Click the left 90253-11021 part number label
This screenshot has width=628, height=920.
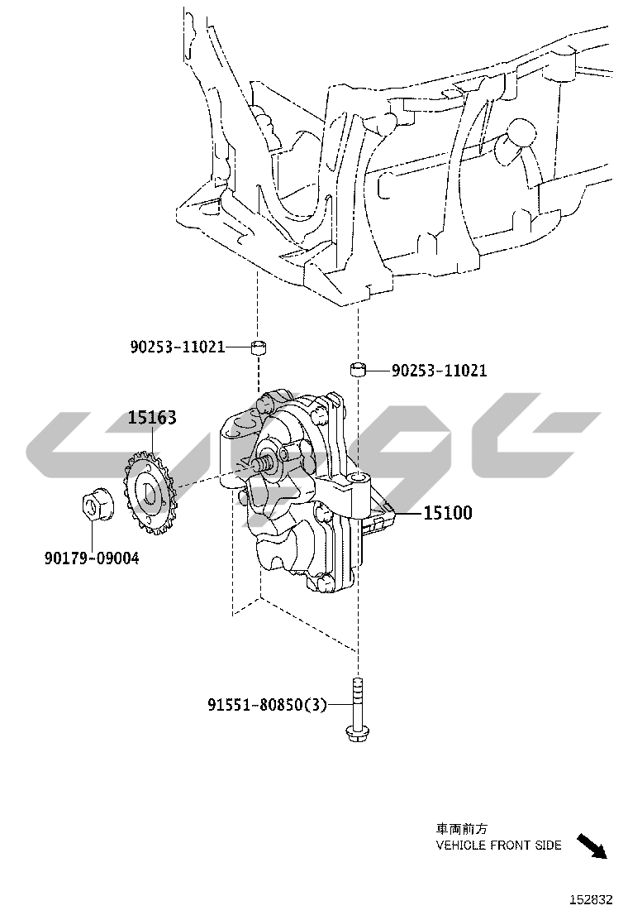[178, 347]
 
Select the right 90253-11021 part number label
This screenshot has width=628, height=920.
[439, 370]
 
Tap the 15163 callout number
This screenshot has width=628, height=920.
[152, 418]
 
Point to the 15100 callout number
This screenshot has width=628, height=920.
[448, 513]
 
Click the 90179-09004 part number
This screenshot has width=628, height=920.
[92, 558]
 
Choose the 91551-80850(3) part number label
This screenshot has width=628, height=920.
[267, 704]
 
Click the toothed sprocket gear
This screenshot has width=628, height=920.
[150, 491]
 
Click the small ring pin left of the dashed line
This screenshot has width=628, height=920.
[259, 347]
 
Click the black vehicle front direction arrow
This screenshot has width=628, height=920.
[592, 846]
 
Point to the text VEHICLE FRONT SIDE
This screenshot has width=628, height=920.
[498, 845]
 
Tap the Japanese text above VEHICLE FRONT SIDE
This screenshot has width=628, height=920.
[462, 829]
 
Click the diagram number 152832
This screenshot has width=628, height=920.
[592, 899]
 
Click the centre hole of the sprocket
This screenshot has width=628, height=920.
[149, 493]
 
